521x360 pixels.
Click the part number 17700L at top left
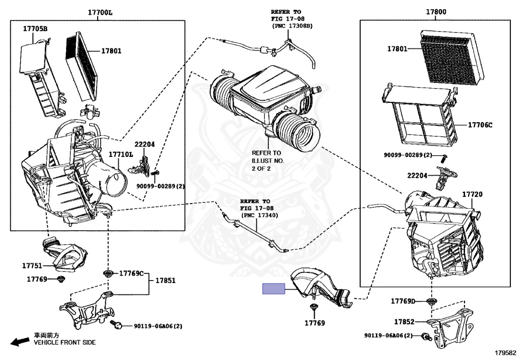pos(100,13)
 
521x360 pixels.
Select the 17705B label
pos(35,29)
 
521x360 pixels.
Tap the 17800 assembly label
pos(436,12)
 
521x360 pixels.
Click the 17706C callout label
pos(480,125)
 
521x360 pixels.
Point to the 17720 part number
pos(472,194)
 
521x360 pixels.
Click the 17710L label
pos(121,155)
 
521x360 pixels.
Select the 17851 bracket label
pos(165,281)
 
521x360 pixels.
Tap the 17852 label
pos(404,322)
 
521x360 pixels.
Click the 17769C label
pos(132,273)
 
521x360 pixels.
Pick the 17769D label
pos(403,301)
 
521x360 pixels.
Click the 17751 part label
pos(32,266)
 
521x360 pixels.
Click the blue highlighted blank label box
pos(274,289)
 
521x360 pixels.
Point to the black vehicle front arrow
pos(20,341)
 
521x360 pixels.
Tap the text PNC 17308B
pos(292,25)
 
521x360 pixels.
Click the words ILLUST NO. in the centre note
pos(268,160)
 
